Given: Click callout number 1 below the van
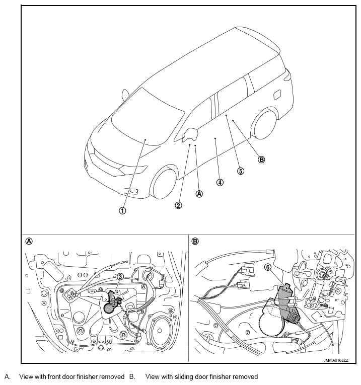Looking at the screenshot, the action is tap(122, 211).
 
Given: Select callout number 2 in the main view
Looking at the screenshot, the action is tap(179, 205).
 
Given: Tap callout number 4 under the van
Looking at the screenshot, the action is tap(220, 182).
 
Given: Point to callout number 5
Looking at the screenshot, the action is tap(241, 171).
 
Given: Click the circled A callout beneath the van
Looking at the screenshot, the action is tap(199, 194).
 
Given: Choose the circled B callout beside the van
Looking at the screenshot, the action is tap(261, 160).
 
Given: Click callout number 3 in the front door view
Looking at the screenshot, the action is tap(120, 277).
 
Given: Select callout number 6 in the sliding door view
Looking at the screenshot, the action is tap(268, 267).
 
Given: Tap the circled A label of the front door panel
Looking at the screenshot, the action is tap(29, 242).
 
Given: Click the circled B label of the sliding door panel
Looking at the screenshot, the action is tap(195, 242).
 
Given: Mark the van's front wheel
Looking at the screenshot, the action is tap(163, 182).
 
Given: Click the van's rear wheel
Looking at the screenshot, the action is tap(265, 124).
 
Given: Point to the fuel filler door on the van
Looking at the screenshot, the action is tap(277, 95).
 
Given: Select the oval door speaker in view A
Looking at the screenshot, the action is tap(160, 331).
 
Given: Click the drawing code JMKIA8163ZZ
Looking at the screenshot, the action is tap(336, 360).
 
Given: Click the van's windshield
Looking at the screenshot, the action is tap(148, 118).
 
